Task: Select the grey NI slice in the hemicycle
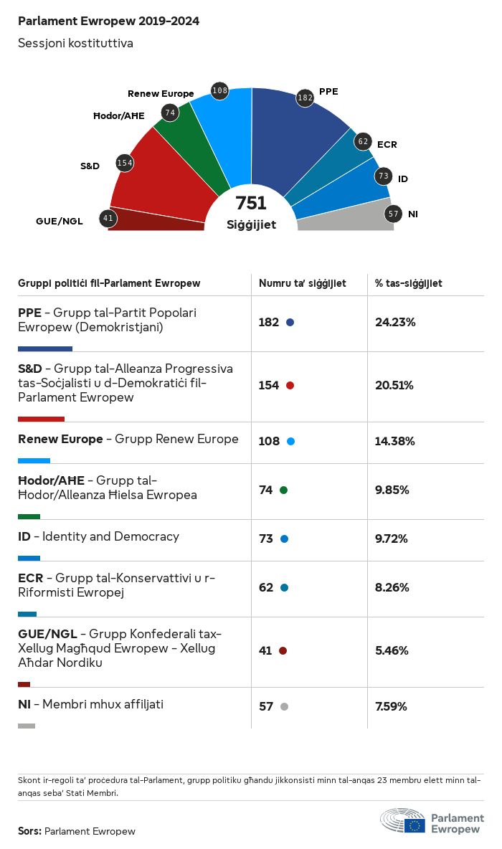pyautogui.click(x=344, y=219)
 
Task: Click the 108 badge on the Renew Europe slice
pyautogui.click(x=219, y=90)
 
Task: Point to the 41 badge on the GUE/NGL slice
pyautogui.click(x=108, y=218)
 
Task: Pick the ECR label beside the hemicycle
pyautogui.click(x=387, y=145)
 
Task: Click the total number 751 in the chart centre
pyautogui.click(x=251, y=204)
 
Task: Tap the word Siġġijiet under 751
pyautogui.click(x=251, y=224)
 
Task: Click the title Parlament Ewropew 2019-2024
pyautogui.click(x=108, y=22)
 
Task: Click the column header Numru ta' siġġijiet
pyautogui.click(x=303, y=283)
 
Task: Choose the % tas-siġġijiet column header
pyautogui.click(x=409, y=283)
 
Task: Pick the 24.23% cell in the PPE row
pyautogui.click(x=395, y=322)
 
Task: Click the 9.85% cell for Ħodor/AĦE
pyautogui.click(x=392, y=490)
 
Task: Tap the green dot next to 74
pyautogui.click(x=283, y=490)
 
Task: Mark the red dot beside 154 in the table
pyautogui.click(x=290, y=386)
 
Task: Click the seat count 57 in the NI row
pyautogui.click(x=266, y=706)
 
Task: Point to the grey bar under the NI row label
pyautogui.click(x=27, y=726)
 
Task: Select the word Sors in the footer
pyautogui.click(x=29, y=831)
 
